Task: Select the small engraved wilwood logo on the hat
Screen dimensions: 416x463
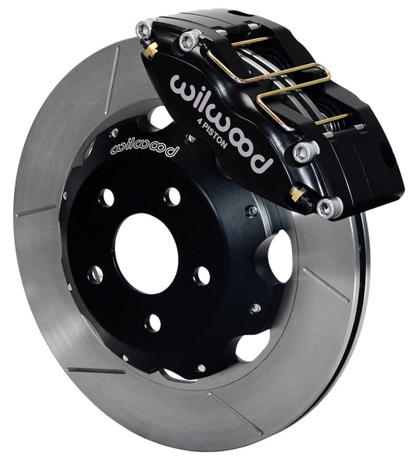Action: coord(145,149)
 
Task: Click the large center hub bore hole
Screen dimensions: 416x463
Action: coord(147,253)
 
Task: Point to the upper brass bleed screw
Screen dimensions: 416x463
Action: coord(151,50)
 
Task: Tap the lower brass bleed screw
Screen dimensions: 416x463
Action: coord(299,195)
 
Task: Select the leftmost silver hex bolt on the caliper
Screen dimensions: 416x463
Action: coord(144,29)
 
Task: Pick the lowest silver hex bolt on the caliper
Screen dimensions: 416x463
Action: coord(330,207)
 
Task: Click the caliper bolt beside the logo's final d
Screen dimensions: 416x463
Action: coord(306,151)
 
